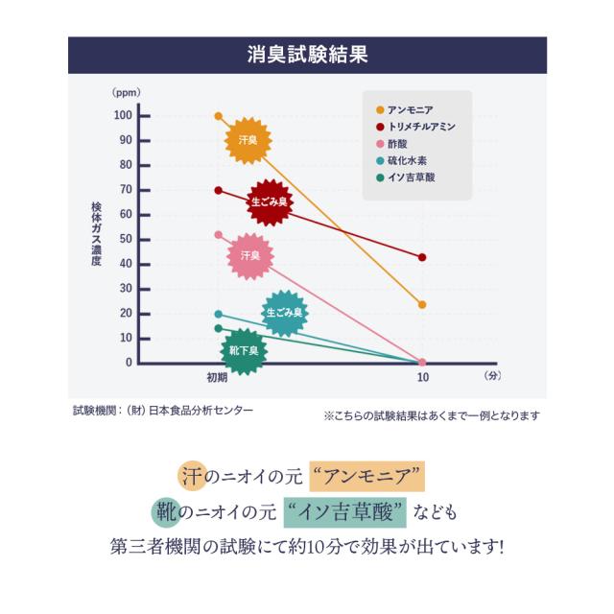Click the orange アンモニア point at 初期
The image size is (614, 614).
219,116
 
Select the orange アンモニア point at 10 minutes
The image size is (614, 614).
422,305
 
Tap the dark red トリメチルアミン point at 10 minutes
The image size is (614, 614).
422,257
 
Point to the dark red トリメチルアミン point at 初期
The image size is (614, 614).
219,190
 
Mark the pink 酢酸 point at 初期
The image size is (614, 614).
219,235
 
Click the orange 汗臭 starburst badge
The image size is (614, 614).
248,141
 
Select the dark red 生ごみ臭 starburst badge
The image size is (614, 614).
271,202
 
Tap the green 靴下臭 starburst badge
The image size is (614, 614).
245,351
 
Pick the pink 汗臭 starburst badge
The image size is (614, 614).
250,256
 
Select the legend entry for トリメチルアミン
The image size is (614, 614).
420,127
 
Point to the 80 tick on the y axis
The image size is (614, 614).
125,165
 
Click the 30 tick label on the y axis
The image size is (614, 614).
125,289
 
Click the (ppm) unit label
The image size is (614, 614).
126,93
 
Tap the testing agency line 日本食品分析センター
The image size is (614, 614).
164,410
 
